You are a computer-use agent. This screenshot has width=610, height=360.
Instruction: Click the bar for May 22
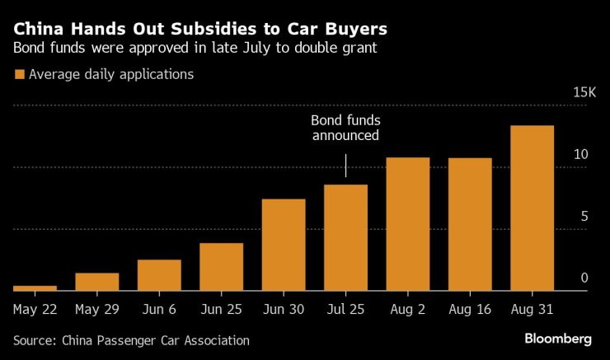coord(35,288)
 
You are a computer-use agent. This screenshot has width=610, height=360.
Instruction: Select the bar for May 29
coord(97,281)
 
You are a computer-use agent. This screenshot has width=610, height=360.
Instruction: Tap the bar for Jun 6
coord(159,274)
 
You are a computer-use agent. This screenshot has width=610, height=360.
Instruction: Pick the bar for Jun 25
coord(222,266)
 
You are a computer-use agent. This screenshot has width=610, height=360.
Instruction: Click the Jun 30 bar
coord(284,244)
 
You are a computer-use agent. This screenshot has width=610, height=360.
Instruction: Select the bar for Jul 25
coord(345,237)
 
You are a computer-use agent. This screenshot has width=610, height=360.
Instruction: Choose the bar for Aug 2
coord(408,223)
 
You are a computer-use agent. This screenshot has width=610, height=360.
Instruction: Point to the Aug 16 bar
coord(470,223)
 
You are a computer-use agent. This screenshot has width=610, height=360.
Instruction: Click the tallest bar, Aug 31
coord(532,208)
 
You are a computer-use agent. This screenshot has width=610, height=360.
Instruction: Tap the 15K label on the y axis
coord(584,93)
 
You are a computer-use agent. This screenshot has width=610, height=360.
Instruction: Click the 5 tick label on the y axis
coord(584,217)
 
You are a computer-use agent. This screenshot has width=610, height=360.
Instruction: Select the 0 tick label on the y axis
coord(584,278)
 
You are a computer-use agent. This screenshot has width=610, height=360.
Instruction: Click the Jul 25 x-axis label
coord(345,310)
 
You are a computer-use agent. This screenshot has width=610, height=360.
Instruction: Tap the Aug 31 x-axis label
coord(532,310)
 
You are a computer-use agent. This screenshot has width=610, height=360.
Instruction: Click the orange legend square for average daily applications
coord(19,75)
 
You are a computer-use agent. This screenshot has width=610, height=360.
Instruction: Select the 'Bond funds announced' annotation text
coord(345,128)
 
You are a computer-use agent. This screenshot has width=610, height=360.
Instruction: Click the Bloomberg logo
coord(558,339)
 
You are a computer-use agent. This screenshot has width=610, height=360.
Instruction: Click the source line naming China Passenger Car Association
coord(131,339)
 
